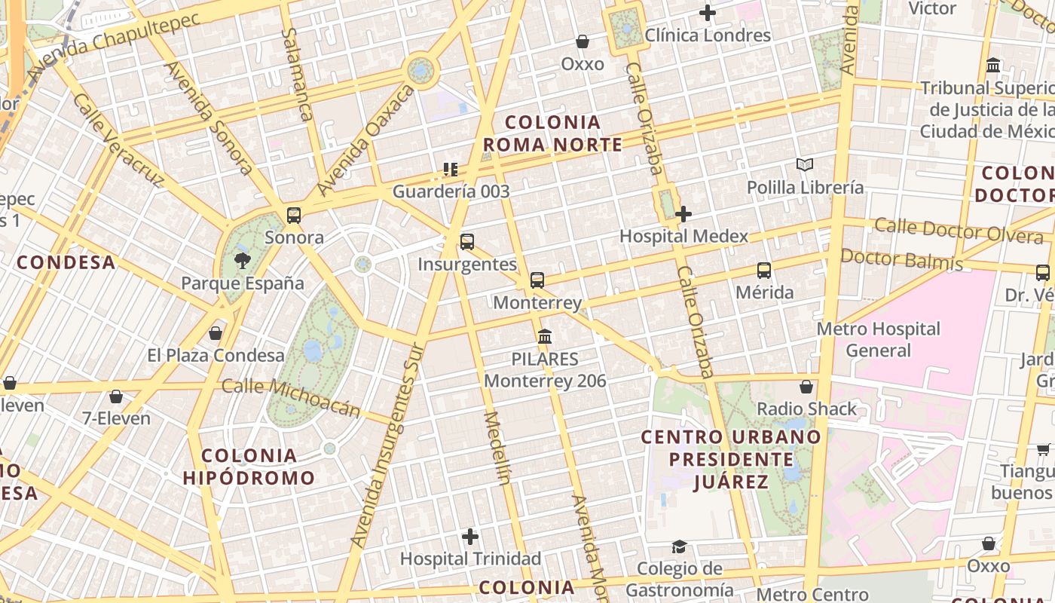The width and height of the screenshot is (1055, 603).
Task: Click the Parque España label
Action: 243,283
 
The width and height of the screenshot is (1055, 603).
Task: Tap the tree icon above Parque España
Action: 243,261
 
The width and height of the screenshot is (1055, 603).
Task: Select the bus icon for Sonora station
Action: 294,216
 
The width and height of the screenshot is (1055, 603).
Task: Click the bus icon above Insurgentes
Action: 467,242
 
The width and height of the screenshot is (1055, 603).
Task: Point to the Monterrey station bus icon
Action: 537,280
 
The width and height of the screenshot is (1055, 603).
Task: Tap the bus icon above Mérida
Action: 764,271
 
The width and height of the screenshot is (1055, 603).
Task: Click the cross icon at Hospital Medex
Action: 683,214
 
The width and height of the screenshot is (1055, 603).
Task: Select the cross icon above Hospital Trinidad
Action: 470,537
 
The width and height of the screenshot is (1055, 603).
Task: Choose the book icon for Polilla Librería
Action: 805,164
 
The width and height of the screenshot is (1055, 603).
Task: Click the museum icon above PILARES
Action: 545,336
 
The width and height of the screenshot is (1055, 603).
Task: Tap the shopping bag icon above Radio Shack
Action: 806,387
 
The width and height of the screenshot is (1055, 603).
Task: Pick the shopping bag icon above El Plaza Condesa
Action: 216,333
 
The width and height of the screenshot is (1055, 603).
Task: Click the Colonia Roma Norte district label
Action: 553,133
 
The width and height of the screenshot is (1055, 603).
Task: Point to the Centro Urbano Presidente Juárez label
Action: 731,459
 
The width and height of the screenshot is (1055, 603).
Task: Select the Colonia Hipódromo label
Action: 249,467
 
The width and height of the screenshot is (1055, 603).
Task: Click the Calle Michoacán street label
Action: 291,398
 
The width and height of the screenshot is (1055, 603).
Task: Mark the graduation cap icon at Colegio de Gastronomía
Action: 680,546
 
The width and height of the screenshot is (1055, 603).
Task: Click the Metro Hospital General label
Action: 879,339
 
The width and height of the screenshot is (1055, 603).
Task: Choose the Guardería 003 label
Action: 451,191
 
